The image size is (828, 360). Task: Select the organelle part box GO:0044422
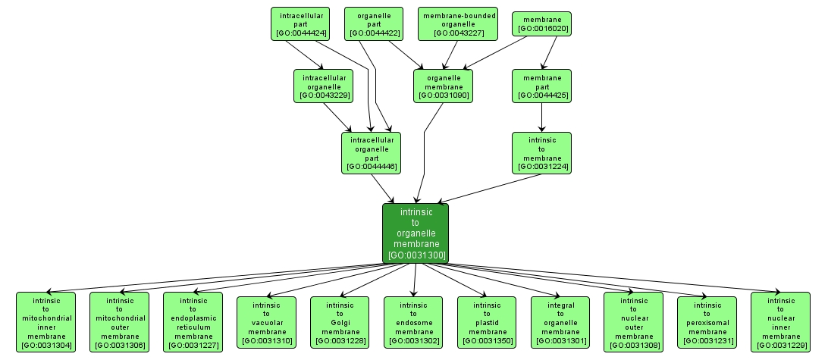[373, 23]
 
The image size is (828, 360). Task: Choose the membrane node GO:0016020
[541, 23]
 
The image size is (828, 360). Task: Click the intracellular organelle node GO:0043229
[325, 86]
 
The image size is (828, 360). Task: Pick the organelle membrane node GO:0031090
[444, 86]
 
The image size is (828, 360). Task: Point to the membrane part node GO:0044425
[541, 86]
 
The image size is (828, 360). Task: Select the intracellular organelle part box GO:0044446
[371, 152]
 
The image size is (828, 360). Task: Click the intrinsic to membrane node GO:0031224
[541, 152]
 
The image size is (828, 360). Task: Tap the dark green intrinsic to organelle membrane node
[415, 233]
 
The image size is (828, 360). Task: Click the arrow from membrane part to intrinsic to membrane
[541, 117]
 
